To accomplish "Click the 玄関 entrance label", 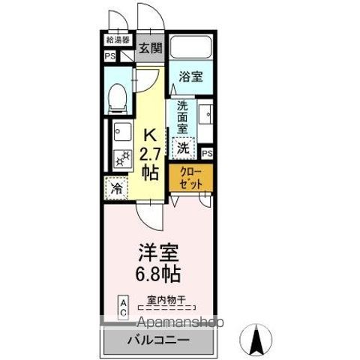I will (x=150, y=49).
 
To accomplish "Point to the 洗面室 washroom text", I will (x=181, y=117).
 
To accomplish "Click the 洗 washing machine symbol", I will (x=182, y=146).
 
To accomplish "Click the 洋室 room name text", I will (x=158, y=250).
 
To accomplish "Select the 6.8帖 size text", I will (x=158, y=271).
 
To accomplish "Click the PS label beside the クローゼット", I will (x=207, y=153).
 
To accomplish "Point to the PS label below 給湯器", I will (x=109, y=55).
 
